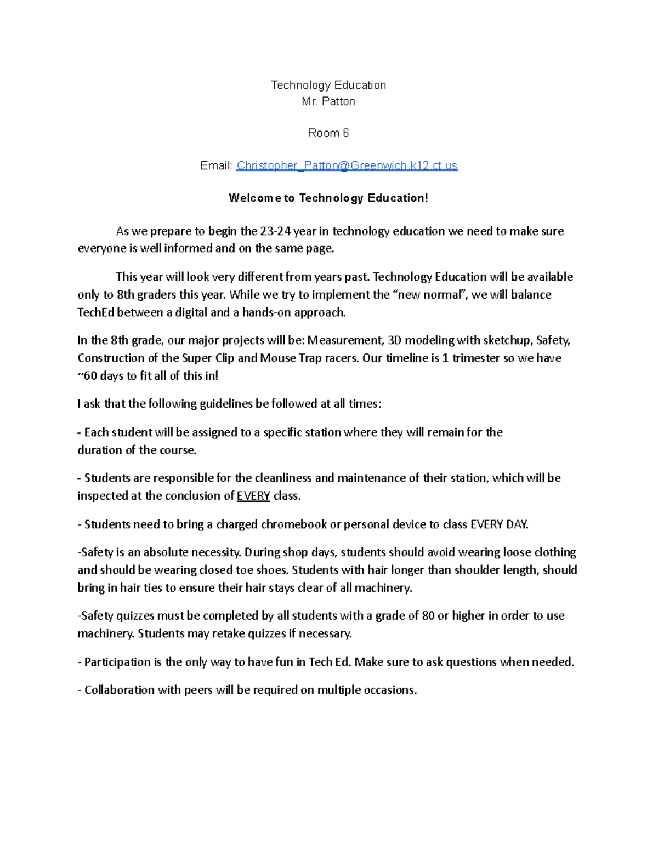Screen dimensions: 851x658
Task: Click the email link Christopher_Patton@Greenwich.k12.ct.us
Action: [x=347, y=165]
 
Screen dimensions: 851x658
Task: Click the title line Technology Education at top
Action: [x=328, y=85]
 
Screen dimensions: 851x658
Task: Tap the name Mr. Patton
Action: [x=328, y=101]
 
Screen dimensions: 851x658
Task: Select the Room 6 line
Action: [x=328, y=133]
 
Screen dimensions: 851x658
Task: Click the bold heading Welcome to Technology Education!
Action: [x=328, y=198]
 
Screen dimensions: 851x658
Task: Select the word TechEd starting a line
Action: [x=96, y=313]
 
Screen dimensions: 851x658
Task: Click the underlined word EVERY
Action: [x=253, y=496]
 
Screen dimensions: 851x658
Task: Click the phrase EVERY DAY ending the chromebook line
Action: [x=499, y=524]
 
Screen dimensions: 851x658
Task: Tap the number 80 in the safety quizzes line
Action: [x=428, y=616]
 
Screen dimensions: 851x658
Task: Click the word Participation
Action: [x=117, y=662]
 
